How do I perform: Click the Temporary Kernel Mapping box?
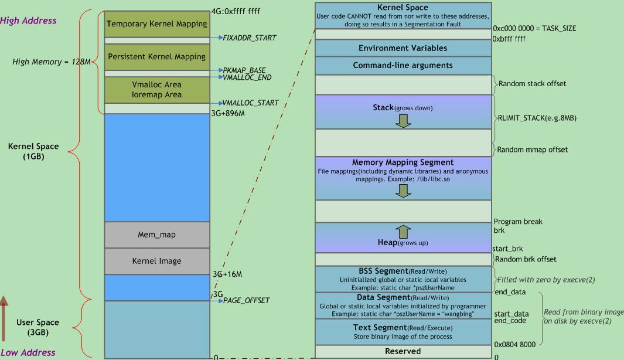[x=156, y=24]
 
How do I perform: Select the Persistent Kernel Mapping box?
[x=156, y=57]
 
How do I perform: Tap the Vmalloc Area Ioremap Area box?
[x=156, y=90]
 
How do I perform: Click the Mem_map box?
[x=156, y=235]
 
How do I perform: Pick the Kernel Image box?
[x=156, y=261]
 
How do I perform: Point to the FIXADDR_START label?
[x=249, y=38]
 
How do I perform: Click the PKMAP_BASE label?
[x=244, y=70]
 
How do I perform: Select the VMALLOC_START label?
[x=250, y=103]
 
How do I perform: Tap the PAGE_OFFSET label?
[x=246, y=301]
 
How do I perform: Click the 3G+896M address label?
[x=228, y=114]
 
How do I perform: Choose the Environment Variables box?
[x=403, y=48]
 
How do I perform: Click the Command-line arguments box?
[x=403, y=65]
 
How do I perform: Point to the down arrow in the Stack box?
[x=403, y=120]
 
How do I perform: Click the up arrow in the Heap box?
[x=404, y=232]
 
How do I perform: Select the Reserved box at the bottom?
[x=403, y=351]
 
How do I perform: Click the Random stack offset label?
[x=532, y=84]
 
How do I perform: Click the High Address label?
[x=28, y=21]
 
